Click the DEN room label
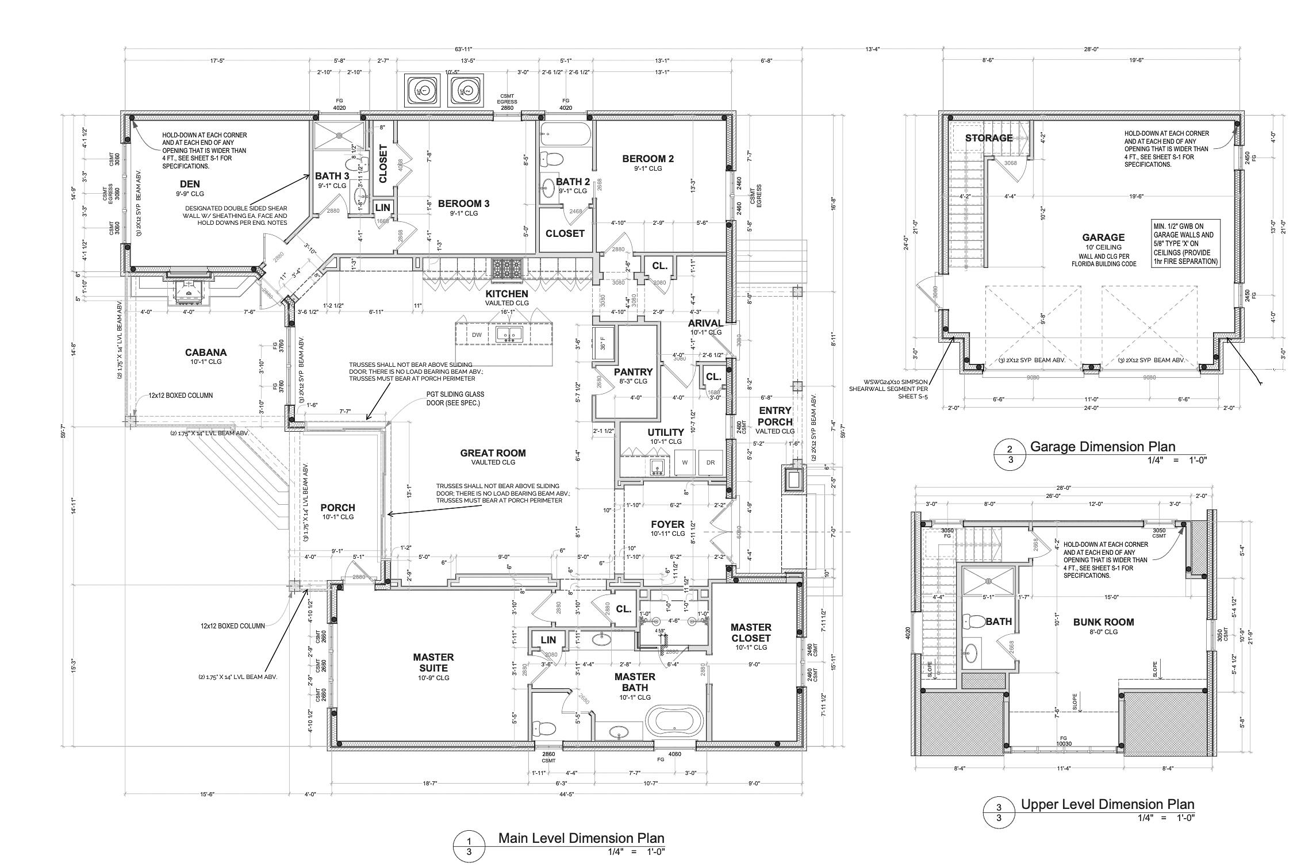190,184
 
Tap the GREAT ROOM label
493,453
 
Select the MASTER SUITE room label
433,662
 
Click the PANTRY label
633,372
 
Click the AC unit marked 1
423,91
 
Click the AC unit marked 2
465,91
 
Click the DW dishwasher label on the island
477,335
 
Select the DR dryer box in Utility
710,462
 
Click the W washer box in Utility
685,462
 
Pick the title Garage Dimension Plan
1102,447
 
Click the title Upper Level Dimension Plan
1107,804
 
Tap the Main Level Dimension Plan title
581,838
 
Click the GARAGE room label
1103,237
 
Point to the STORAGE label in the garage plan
988,138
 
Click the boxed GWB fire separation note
1185,244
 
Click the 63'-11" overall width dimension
462,49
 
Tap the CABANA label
206,352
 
